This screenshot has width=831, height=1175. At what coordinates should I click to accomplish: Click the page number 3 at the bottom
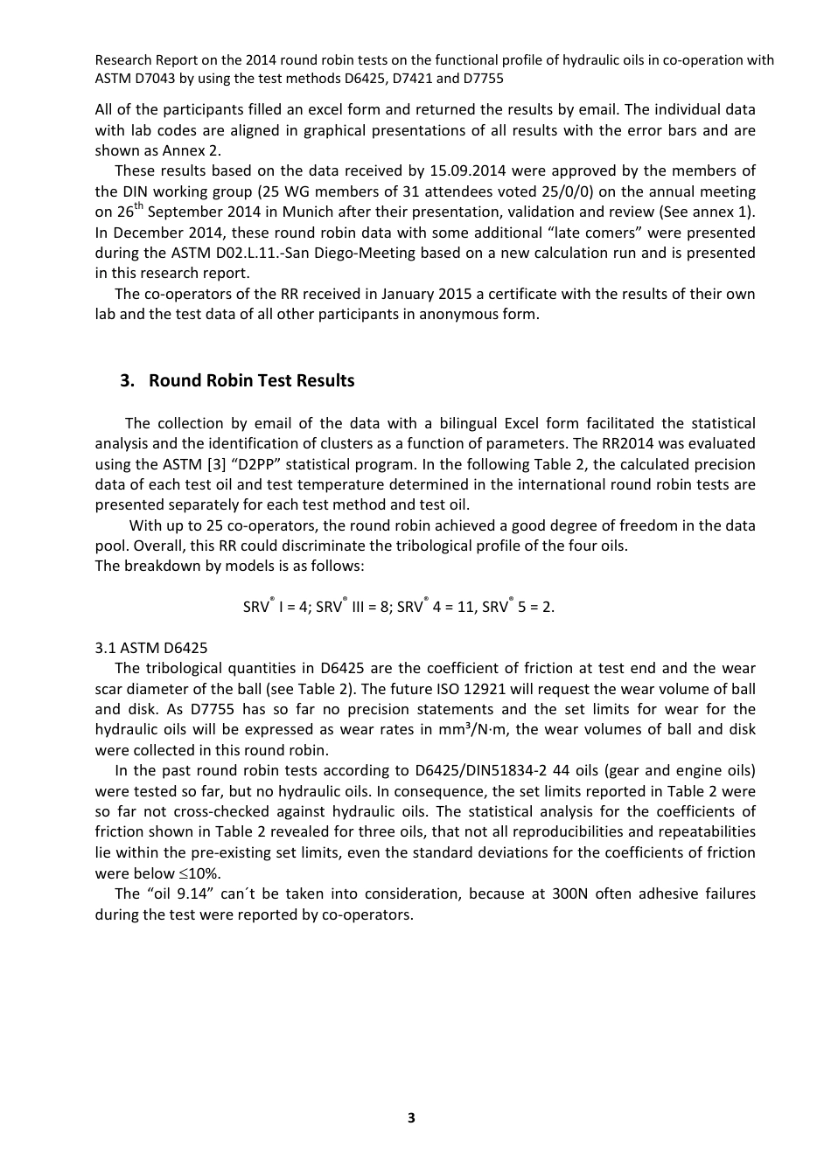pos(411,1117)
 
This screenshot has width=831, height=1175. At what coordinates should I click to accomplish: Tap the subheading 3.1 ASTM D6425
pos(151,648)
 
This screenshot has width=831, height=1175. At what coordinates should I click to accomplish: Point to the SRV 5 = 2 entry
pos(518,606)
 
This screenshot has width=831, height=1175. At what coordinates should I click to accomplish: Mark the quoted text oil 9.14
pos(178,893)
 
